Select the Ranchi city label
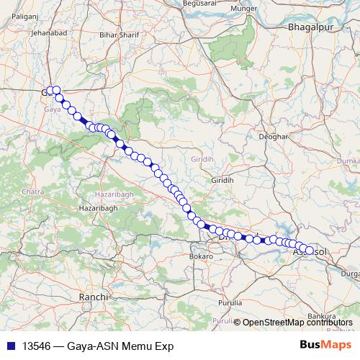(94, 296)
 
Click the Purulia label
(230, 303)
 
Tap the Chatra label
(33, 192)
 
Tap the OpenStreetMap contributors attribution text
(297, 322)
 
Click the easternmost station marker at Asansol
(310, 250)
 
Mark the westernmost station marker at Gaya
(48, 91)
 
